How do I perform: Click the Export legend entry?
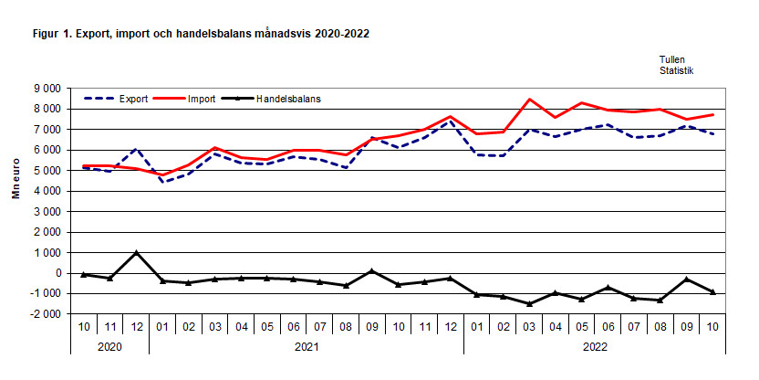pos(133,98)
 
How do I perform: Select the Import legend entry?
pos(202,98)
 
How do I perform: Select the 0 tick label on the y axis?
pos(57,273)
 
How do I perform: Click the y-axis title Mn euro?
pos(16,201)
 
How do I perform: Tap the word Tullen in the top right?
pos(672,59)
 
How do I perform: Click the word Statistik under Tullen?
pos(676,69)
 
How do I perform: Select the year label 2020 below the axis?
pos(109,346)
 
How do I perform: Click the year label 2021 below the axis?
pos(307,346)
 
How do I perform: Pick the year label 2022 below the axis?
pos(595,346)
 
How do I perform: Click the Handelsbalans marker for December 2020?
pos(136,253)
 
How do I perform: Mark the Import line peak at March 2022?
pos(529,99)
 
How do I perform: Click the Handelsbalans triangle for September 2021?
pos(372,271)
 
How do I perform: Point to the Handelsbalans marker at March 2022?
pos(529,304)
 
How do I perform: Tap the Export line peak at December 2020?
pos(136,149)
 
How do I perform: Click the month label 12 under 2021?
pos(451,325)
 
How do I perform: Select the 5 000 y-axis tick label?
pos(47,171)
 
